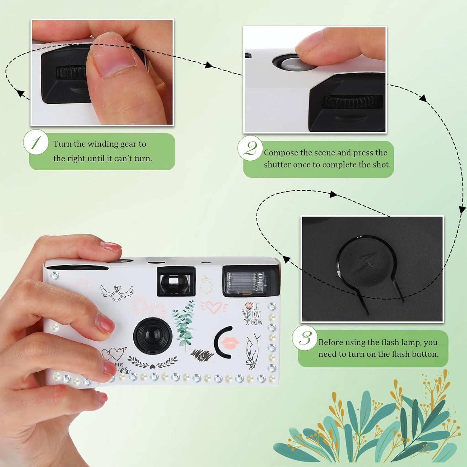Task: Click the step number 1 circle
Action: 36,142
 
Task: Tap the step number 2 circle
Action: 250,149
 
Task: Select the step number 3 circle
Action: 304,338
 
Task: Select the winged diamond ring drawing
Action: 116,292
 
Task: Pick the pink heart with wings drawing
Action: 214,307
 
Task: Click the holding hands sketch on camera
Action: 253,352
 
